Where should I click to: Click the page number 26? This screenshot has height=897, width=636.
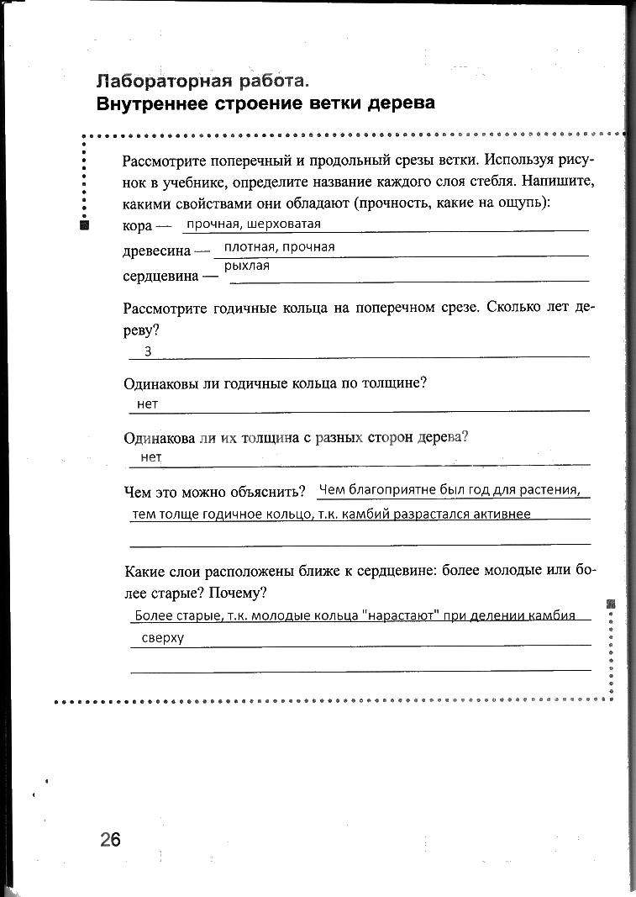(x=110, y=839)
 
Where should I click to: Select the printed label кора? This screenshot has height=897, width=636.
(x=137, y=227)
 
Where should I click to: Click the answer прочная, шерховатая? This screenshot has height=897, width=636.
(x=254, y=224)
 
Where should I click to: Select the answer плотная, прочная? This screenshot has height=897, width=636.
(x=279, y=247)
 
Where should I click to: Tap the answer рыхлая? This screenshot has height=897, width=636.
(x=247, y=266)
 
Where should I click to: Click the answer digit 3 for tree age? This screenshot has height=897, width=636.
(x=148, y=351)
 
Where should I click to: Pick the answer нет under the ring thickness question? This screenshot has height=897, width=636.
(x=147, y=404)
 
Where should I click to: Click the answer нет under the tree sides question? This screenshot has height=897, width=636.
(x=151, y=457)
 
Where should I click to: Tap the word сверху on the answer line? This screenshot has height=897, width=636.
(x=163, y=638)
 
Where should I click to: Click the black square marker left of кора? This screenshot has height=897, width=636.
(x=84, y=226)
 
